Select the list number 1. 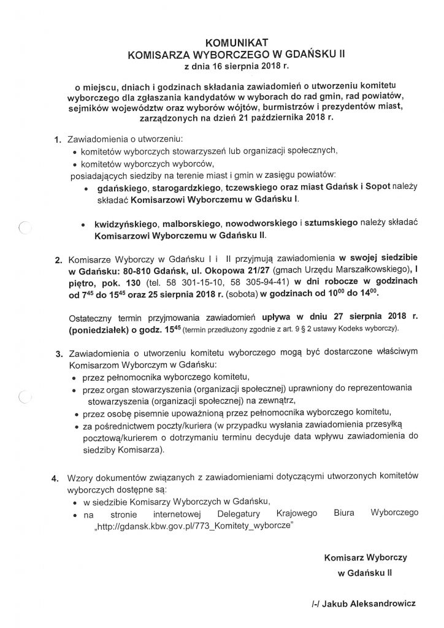(x=58, y=139)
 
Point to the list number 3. (x=59, y=354)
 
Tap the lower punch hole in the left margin (x=25, y=397)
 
